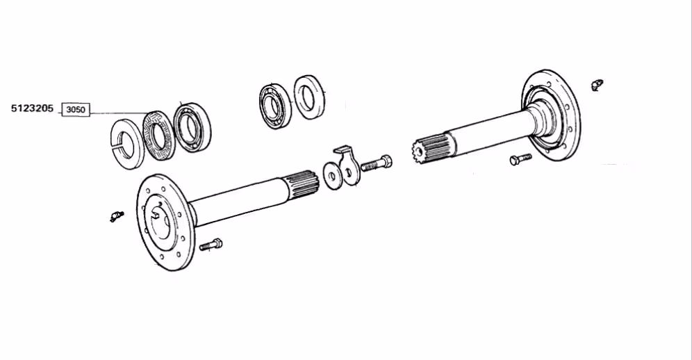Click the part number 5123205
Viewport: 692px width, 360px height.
click(x=32, y=108)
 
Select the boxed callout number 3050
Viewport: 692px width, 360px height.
click(x=76, y=110)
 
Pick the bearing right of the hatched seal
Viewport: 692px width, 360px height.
click(x=192, y=128)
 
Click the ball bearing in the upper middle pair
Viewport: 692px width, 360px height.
click(x=275, y=106)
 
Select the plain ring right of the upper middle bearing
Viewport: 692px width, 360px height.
click(x=310, y=97)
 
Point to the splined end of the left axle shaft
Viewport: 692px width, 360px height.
click(x=302, y=184)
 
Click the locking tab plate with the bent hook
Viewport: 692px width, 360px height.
click(x=349, y=165)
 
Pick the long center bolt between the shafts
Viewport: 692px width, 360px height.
click(x=377, y=163)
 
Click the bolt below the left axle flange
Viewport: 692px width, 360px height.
click(x=211, y=245)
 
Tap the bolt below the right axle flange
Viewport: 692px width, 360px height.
click(x=521, y=159)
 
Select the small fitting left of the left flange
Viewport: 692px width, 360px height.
click(x=117, y=216)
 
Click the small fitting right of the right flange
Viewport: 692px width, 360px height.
click(x=597, y=85)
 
